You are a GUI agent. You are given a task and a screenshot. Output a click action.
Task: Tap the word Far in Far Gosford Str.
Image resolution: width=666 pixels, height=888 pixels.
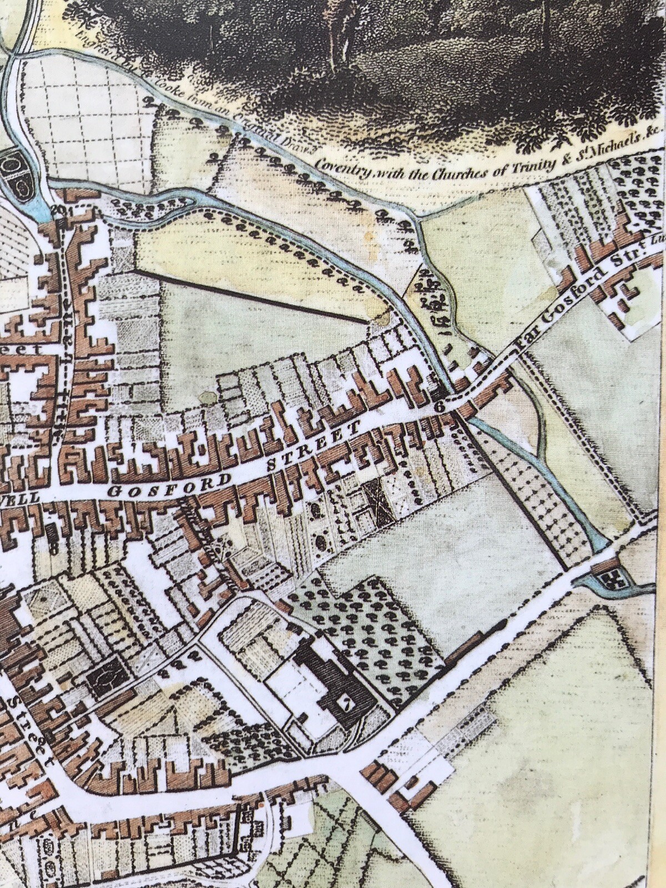tap(524, 345)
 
